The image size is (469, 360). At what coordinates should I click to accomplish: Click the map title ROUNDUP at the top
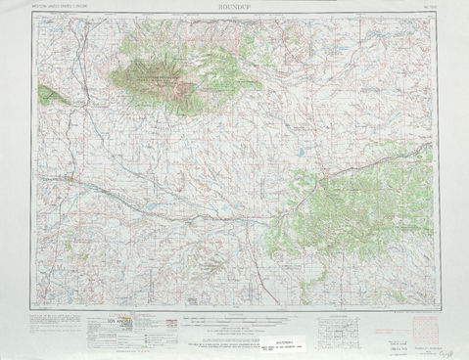point(235,6)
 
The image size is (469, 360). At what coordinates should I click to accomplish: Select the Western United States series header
point(63,7)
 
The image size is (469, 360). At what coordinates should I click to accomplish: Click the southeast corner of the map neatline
point(435,306)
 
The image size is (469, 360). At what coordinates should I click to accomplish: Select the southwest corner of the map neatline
point(36,306)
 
